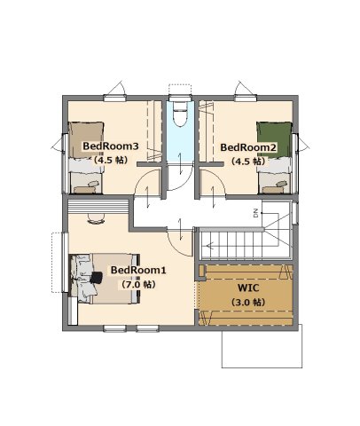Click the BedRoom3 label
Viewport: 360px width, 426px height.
[x=111, y=146]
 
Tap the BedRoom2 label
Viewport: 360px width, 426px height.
[x=248, y=147]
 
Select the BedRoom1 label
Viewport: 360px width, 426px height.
[x=138, y=270]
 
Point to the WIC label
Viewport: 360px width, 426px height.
[x=248, y=288]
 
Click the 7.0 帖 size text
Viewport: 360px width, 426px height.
[x=137, y=285]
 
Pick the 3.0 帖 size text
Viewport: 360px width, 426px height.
[x=247, y=303]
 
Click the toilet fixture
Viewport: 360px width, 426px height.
[x=180, y=114]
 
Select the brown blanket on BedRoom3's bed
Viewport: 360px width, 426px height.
[x=86, y=140]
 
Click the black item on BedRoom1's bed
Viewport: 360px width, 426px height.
[x=96, y=278]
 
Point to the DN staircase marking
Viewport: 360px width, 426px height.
[x=256, y=213]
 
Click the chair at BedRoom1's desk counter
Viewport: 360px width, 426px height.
[x=96, y=219]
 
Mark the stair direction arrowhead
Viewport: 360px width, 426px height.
[x=209, y=245]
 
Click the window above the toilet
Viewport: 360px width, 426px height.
[x=180, y=98]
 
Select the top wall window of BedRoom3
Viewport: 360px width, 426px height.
[x=114, y=98]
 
